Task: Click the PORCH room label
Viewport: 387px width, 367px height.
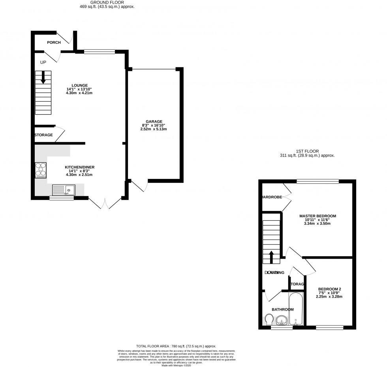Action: click(x=54, y=43)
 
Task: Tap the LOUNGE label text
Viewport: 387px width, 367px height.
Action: click(x=79, y=86)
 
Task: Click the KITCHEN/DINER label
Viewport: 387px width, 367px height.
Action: click(x=79, y=167)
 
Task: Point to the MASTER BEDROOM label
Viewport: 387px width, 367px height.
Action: click(x=317, y=216)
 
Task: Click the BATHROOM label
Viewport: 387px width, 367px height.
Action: click(x=282, y=309)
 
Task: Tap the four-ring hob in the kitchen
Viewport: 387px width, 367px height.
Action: click(x=41, y=170)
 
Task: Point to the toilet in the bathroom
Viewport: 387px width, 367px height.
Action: click(x=268, y=319)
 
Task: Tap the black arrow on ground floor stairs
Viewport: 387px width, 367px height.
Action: click(x=43, y=77)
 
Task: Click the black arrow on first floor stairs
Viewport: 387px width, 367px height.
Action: click(x=271, y=257)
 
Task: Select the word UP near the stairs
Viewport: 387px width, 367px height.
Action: click(x=43, y=62)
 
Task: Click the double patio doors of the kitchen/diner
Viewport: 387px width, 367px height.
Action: click(x=105, y=203)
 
